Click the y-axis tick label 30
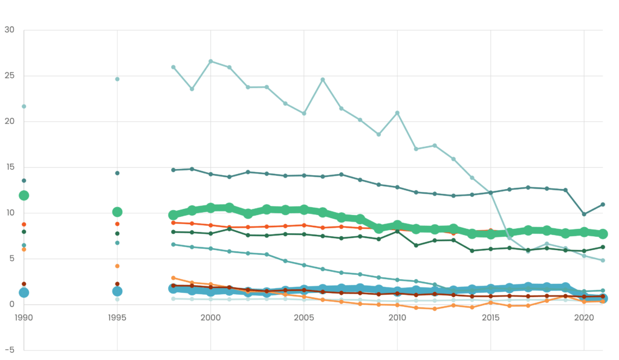[x=9, y=30]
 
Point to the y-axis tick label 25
[x=9, y=76]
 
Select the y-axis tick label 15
[x=9, y=167]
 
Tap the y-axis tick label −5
[x=9, y=350]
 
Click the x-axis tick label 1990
[x=24, y=317]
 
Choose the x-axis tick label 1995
[x=117, y=317]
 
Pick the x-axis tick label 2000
[x=210, y=317]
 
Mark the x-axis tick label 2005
[x=304, y=317]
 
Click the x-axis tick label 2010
[x=397, y=317]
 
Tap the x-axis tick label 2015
[x=491, y=317]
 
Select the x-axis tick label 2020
[x=584, y=317]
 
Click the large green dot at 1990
[x=24, y=195]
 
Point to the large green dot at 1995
[x=117, y=212]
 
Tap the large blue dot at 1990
[x=24, y=292]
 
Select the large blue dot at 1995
[x=117, y=291]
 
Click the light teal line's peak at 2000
[x=210, y=61]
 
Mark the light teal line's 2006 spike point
[x=323, y=79]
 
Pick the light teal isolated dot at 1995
[x=117, y=79]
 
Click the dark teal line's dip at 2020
[x=584, y=214]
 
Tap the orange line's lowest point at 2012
[x=435, y=309]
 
